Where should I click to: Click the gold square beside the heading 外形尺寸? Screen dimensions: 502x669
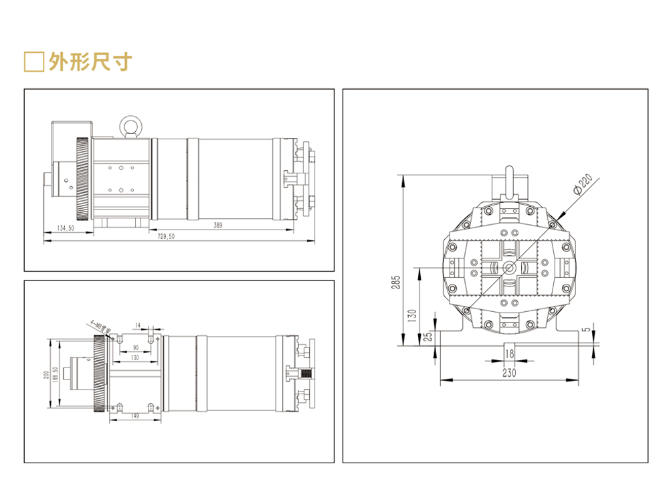coord(33,62)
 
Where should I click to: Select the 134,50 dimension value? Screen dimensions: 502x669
coord(66,229)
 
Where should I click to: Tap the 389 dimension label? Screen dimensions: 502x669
coord(218,225)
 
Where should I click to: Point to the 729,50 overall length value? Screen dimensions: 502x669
coord(166,236)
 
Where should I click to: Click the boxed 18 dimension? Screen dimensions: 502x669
coord(510,352)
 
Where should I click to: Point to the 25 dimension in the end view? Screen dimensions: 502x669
coord(427,335)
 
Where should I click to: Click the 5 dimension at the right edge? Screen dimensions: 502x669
coord(586,329)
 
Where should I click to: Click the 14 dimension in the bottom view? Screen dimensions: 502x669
coord(138,325)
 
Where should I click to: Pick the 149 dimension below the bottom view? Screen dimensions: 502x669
coord(136,417)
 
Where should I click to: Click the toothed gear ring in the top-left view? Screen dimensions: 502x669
coord(82,179)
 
